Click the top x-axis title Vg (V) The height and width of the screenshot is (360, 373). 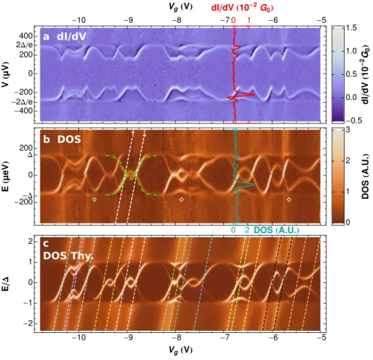click(180, 6)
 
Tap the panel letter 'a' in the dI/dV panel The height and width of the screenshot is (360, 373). click(46, 37)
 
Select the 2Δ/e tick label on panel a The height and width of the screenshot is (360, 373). click(24, 44)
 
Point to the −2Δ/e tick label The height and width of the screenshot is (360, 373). click(22, 102)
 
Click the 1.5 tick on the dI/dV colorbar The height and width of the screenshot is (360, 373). click(352, 28)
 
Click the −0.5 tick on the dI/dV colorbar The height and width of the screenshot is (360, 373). click(349, 120)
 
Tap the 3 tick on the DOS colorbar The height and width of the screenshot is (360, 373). click(348, 130)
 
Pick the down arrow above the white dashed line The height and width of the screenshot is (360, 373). click(144, 133)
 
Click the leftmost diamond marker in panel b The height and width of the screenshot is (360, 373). click(94, 199)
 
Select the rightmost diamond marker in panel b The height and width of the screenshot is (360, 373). click(289, 199)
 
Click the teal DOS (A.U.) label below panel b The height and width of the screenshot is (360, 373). click(277, 230)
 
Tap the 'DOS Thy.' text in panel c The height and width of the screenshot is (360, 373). click(68, 255)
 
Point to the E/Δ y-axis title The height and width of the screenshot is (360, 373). click(6, 282)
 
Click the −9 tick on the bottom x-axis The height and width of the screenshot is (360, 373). click(129, 337)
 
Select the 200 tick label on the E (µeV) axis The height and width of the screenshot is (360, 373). click(26, 148)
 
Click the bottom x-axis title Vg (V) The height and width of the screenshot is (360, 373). click(180, 350)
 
